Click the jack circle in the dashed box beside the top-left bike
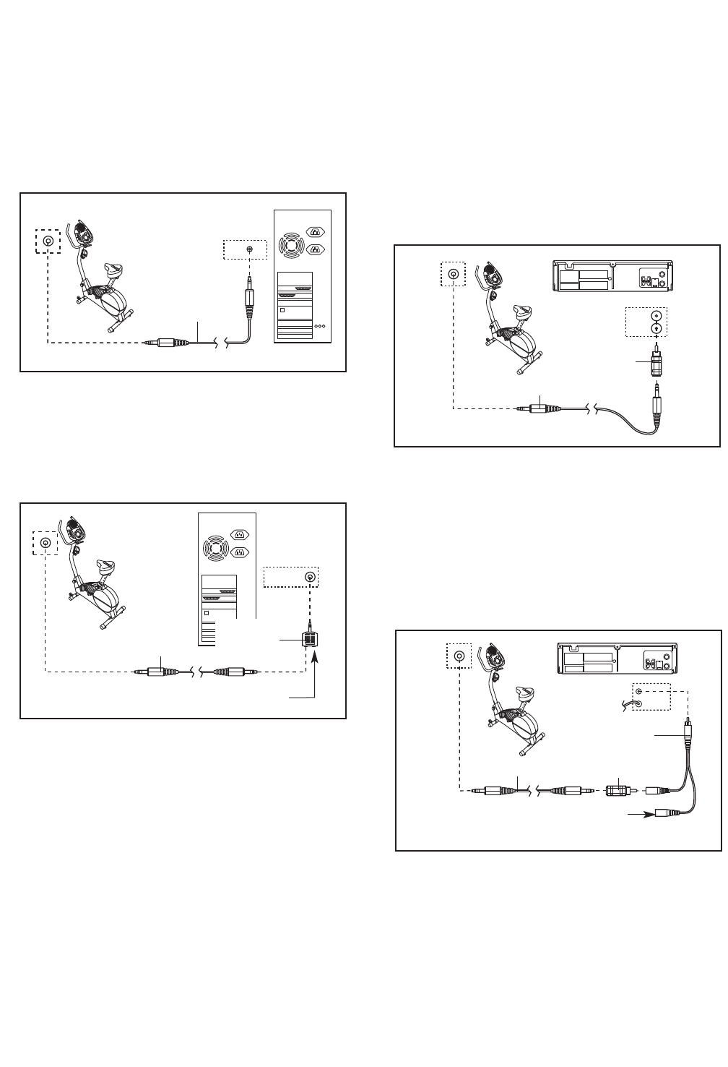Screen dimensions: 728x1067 point(48,241)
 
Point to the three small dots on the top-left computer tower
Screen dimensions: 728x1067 point(321,327)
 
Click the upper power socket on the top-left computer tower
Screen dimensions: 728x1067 point(316,232)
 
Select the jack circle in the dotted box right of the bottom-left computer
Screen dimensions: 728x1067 point(310,577)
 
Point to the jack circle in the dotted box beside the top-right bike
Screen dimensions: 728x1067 point(453,275)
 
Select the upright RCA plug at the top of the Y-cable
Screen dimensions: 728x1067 point(688,732)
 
